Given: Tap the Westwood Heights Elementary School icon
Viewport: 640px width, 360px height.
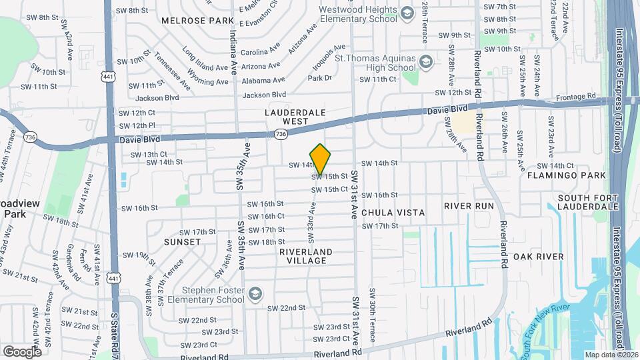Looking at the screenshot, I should click(x=407, y=13).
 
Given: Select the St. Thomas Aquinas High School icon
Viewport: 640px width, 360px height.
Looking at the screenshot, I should click(x=425, y=63).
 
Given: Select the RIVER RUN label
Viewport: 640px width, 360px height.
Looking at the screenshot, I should click(x=469, y=206).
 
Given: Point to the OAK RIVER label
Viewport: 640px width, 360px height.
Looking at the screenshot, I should click(x=539, y=257).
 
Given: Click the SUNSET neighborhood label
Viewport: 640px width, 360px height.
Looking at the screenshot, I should click(x=181, y=242).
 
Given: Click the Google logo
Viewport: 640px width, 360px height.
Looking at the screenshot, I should click(x=22, y=351).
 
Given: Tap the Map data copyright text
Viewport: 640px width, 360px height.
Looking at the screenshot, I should click(x=610, y=355).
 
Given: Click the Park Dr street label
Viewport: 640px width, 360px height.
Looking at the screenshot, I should click(x=319, y=78).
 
